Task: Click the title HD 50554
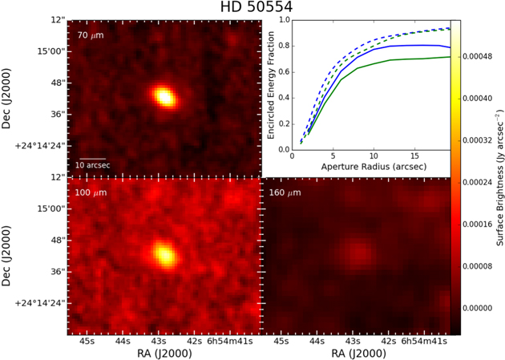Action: point(257,7)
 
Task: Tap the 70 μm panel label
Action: point(91,35)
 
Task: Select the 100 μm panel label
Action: point(91,193)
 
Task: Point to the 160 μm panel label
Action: point(285,193)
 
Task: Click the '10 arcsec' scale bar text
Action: point(93,165)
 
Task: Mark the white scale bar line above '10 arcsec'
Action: point(93,159)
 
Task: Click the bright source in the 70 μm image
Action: point(164,96)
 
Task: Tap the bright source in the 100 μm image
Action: point(165,254)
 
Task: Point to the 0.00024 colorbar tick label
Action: point(477,183)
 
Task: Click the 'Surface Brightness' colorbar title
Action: point(499,177)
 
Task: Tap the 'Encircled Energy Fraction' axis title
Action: point(271,85)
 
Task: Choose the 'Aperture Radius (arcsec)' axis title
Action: point(374,167)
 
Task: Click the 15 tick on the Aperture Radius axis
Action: point(415,156)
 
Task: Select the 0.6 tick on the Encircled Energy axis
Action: point(285,72)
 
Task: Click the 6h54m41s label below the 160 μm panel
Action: point(424,341)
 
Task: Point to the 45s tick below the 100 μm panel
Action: point(87,341)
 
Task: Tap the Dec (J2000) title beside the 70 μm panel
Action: point(6,99)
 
